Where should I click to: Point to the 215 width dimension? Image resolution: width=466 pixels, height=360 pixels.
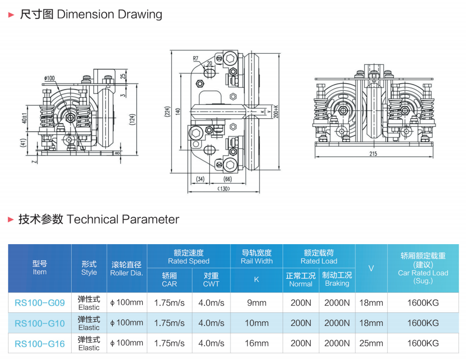pos(373,153)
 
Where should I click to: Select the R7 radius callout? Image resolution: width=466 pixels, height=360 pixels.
pos(196,59)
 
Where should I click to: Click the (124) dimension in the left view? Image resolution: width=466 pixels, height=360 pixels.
pos(132,119)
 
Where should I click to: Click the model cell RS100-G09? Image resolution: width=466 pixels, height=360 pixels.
pos(40,303)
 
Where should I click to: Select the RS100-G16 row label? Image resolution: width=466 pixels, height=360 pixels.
pos(40,343)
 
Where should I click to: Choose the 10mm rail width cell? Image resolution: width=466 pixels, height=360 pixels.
pos(257,323)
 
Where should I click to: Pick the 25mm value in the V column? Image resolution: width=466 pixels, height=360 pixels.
pos(371,343)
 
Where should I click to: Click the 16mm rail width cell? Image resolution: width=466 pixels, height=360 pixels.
pos(257,343)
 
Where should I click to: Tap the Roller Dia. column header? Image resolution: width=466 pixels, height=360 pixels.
pos(127,269)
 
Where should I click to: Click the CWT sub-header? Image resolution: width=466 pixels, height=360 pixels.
pos(211,279)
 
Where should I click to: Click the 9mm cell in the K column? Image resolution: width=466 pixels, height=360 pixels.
pos(257,303)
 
